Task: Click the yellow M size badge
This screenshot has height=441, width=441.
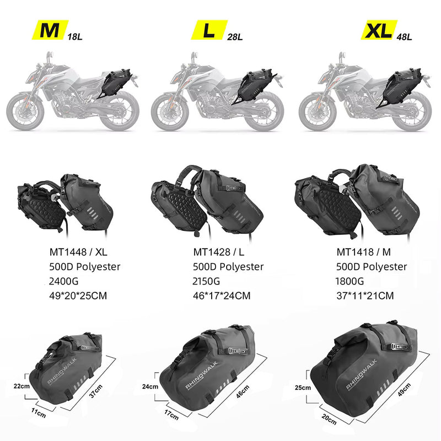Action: tap(50, 30)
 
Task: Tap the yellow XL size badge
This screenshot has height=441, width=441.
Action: tap(379, 30)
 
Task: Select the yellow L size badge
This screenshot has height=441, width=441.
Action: tap(208, 30)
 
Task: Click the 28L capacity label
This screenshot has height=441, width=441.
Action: tap(234, 37)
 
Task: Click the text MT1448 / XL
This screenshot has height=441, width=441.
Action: tap(78, 252)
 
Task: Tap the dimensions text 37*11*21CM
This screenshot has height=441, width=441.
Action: tap(365, 295)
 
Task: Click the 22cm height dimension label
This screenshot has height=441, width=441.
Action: tap(21, 386)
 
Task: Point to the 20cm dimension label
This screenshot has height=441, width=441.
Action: tap(329, 420)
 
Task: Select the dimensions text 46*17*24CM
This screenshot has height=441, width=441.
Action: tap(222, 295)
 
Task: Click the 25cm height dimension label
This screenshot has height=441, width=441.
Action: tap(303, 388)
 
